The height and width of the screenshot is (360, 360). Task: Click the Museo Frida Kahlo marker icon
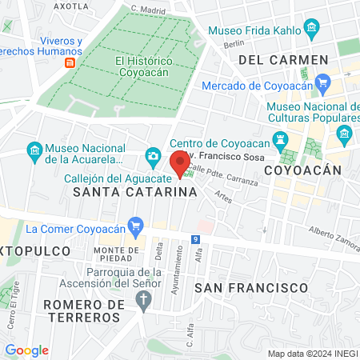[312, 33]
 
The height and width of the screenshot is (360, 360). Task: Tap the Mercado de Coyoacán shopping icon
[323, 82]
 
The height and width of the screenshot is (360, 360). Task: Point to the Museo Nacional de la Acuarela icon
[34, 150]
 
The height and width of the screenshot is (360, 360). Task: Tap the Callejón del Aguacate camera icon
[152, 155]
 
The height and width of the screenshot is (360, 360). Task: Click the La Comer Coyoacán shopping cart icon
[135, 227]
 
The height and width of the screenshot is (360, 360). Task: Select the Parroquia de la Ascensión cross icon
[144, 301]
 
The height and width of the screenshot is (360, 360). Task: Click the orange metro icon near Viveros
[70, 62]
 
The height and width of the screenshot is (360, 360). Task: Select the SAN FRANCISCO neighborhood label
[251, 286]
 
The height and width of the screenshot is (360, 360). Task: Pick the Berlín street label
[233, 45]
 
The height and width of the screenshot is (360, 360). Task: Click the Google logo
[26, 350]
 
